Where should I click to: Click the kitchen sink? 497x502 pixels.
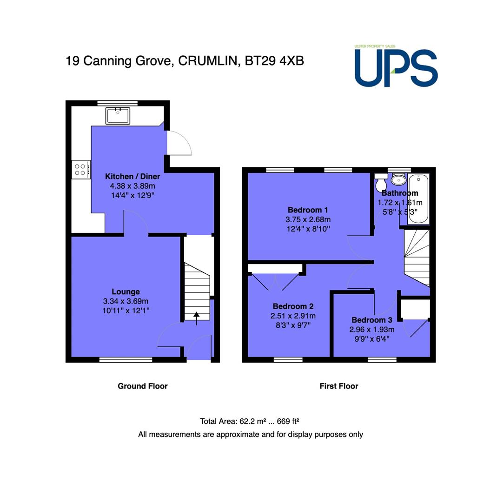click(x=118, y=116)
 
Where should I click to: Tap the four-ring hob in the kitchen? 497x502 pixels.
click(x=81, y=170)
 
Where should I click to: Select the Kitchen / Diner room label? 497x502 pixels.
click(x=133, y=177)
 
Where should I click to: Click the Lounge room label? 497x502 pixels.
click(x=126, y=291)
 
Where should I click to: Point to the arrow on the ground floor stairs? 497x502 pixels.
click(x=196, y=318)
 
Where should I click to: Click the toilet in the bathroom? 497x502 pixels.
click(x=381, y=182)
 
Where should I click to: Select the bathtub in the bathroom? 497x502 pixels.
click(x=418, y=199)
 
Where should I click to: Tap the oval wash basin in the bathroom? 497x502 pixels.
click(x=398, y=179)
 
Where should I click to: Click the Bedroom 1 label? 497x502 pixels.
click(x=308, y=210)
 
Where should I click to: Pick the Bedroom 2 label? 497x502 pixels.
click(x=293, y=306)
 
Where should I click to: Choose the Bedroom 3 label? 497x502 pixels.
click(x=372, y=320)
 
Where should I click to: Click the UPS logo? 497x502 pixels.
click(x=396, y=66)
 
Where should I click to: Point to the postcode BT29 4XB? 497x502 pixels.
click(x=274, y=61)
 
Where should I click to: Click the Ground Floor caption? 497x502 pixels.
click(x=143, y=386)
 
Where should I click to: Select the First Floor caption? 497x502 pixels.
click(x=339, y=386)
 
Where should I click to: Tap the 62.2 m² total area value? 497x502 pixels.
click(x=253, y=421)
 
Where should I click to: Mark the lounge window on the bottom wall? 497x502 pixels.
click(x=126, y=360)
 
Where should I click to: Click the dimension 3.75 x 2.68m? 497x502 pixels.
click(x=308, y=219)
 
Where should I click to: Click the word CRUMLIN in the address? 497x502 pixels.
click(x=208, y=61)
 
